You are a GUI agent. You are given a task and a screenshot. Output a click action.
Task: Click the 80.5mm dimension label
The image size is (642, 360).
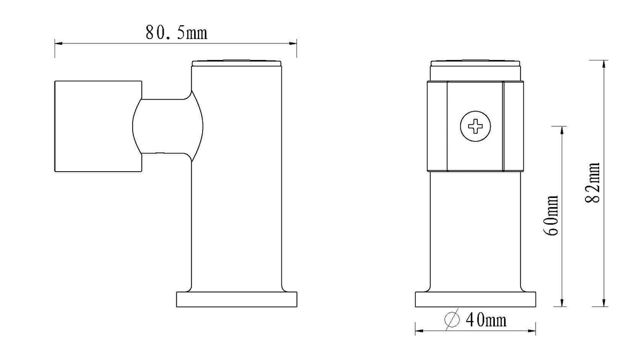(x=176, y=33)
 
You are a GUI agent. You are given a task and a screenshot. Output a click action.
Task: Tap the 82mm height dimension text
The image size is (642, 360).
(x=592, y=183)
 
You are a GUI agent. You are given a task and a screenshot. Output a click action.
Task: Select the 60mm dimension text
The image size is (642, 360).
(x=551, y=216)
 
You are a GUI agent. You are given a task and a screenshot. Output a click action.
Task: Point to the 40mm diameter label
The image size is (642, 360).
(x=486, y=320)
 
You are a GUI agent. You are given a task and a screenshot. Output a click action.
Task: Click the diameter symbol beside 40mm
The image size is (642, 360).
(x=452, y=319)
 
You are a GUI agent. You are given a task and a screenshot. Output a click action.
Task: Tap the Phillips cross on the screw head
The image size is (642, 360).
(x=475, y=126)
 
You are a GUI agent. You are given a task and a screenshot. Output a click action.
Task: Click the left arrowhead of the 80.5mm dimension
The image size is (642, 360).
(x=59, y=43)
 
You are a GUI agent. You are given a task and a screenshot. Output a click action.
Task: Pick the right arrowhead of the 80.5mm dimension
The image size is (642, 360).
(x=293, y=43)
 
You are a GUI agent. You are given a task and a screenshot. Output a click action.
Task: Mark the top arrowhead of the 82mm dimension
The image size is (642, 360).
(x=604, y=64)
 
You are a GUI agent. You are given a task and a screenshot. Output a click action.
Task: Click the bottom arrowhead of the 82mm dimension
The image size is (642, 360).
(x=604, y=303)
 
